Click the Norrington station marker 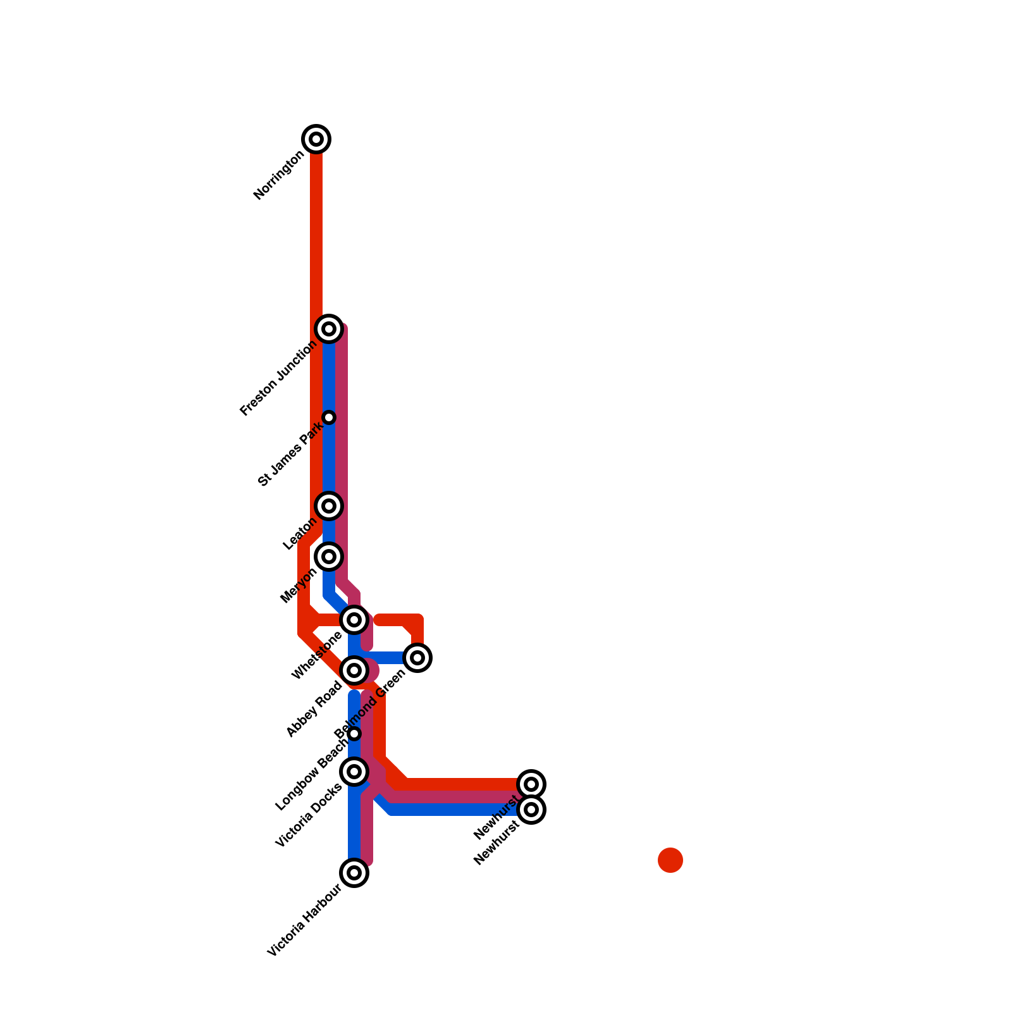pos(316,139)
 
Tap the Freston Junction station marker pos(329,329)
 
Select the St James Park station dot pos(329,417)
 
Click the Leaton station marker pos(329,506)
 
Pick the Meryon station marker pos(329,557)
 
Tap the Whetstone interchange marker pos(354,620)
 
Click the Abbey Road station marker pos(354,670)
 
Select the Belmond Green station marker pos(417,658)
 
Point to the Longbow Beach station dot pos(354,734)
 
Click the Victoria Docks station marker pos(354,772)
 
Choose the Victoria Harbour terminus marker pos(354,873)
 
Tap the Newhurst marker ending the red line pos(531,784)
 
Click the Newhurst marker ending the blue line pos(531,810)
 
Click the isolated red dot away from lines pos(670,860)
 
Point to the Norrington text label pos(279,176)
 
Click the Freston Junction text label pos(278,379)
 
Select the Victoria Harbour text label pos(305,921)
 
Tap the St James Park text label pos(292,455)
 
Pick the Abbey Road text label pos(314,709)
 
